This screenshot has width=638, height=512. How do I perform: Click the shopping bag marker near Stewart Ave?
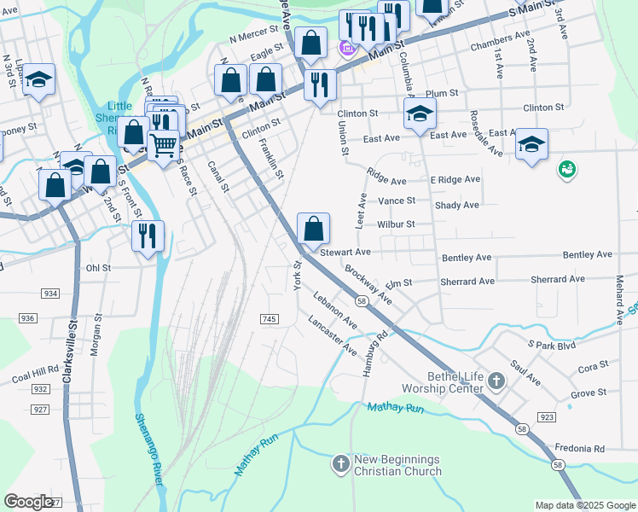(313, 230)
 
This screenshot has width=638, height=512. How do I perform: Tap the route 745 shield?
(269, 318)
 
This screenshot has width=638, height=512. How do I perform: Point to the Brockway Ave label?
(368, 285)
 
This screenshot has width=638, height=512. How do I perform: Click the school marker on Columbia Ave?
(420, 114)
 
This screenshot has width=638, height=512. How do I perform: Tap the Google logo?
(28, 502)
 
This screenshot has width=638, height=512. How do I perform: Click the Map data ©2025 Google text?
(584, 505)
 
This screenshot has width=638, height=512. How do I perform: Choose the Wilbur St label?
(396, 224)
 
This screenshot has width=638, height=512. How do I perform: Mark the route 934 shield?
(50, 293)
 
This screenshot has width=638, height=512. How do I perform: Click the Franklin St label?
(271, 159)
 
